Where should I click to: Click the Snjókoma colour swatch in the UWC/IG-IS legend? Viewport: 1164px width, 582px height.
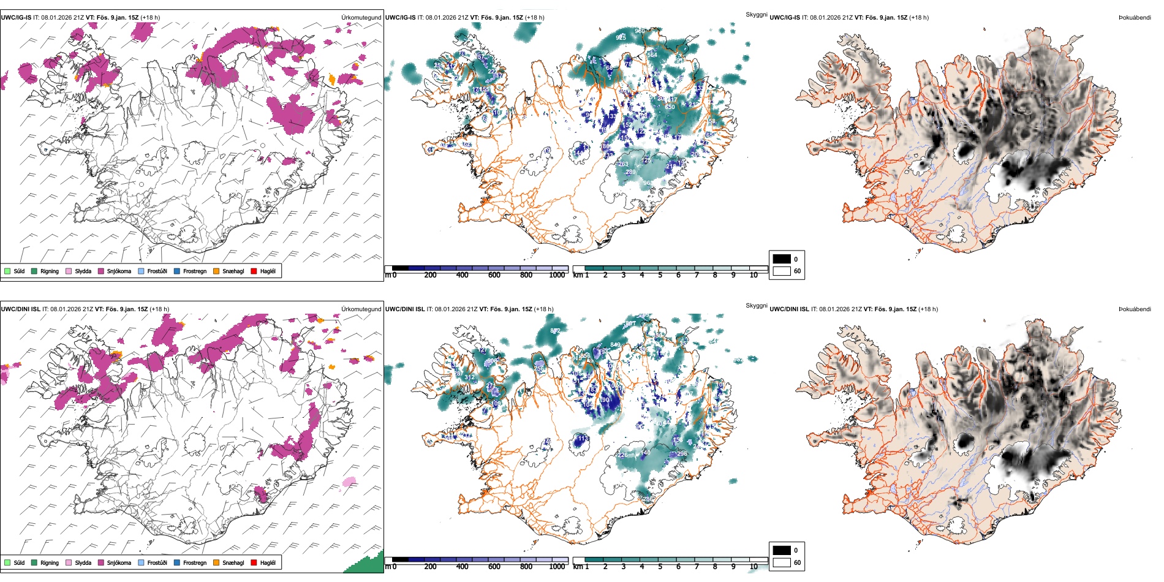coord(101,271)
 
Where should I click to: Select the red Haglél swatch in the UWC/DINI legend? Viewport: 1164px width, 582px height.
coord(254,562)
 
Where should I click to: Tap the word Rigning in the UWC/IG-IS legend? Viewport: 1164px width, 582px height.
coord(50,271)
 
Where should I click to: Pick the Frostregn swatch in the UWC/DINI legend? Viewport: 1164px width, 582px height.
coord(177,562)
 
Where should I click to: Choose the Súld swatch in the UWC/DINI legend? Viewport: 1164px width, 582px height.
coord(7,562)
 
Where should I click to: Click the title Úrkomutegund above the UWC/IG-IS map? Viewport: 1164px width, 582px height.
coord(361,18)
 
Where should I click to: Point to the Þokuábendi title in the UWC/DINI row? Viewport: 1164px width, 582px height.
coord(1135,309)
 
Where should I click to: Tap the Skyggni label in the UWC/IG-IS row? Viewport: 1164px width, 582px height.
coord(756,15)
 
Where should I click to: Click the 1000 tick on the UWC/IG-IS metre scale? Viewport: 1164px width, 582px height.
coord(557,275)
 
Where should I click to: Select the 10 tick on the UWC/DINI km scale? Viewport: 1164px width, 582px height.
coord(754,567)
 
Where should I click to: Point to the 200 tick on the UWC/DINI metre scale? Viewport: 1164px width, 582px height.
coord(430,567)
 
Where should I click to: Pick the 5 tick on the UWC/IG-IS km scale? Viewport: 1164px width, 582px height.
coord(660,275)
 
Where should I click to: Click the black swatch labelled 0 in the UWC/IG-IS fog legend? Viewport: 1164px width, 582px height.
coord(782,259)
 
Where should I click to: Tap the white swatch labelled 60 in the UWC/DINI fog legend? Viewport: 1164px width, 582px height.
coord(782,562)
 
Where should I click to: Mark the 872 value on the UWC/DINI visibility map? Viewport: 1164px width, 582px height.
coord(555,331)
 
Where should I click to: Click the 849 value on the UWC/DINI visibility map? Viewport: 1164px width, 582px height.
coord(615,345)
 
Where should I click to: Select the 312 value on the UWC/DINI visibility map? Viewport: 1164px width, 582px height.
coord(469,377)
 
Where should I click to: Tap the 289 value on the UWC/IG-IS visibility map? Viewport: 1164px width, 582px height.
coord(630,172)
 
